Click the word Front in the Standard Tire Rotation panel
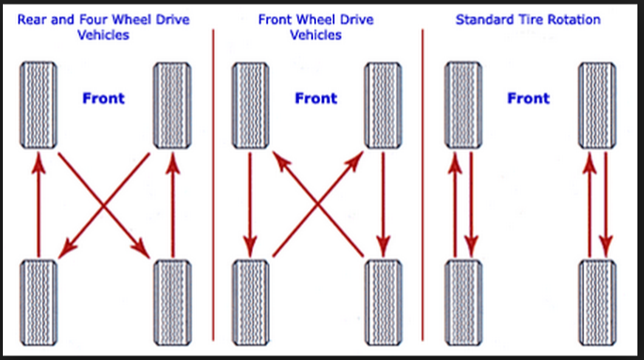click(528, 99)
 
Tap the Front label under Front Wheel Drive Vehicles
click(316, 99)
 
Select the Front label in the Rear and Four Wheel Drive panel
click(103, 99)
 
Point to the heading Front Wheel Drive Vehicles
click(317, 26)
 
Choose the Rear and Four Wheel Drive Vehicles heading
click(104, 26)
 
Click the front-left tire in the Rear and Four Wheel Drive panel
click(39, 105)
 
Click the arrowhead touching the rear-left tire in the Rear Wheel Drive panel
click(65, 248)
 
